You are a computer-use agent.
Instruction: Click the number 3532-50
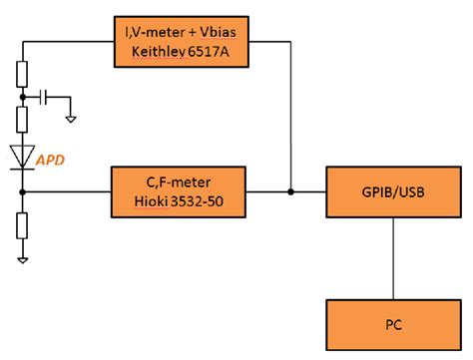tap(205, 199)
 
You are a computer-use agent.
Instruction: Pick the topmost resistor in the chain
tap(22, 73)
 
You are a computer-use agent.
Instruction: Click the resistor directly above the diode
tap(22, 121)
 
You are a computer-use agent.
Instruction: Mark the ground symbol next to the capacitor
tap(71, 118)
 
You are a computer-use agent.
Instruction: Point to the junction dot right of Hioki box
tap(289, 190)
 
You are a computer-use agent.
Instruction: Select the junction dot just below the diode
tap(22, 190)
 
